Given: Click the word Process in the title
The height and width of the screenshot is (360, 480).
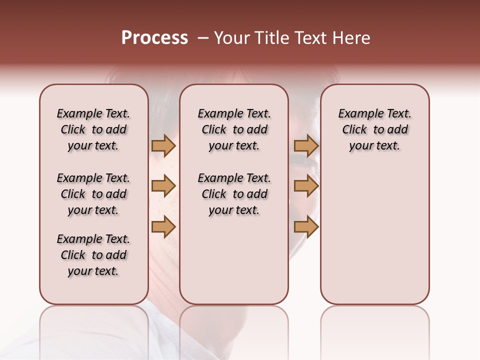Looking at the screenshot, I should click(154, 38).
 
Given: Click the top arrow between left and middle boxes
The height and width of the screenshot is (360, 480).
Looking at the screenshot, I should click(163, 146).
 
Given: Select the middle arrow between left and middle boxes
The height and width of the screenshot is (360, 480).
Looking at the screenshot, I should click(163, 186).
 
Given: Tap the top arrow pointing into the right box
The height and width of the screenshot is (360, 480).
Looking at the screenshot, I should click(306, 146).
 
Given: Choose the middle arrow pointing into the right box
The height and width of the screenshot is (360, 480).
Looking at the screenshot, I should click(306, 186).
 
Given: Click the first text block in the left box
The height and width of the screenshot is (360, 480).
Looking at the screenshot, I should click(93, 129).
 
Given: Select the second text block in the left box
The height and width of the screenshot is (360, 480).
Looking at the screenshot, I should click(93, 194).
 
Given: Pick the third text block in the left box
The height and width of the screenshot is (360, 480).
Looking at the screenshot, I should click(93, 255).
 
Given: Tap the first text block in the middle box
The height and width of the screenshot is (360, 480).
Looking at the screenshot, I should click(234, 129).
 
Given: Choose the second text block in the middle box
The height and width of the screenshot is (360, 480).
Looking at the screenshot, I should click(234, 194).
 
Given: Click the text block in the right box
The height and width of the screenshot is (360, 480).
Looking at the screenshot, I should click(375, 129).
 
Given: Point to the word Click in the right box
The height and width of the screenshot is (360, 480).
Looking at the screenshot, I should click(354, 129).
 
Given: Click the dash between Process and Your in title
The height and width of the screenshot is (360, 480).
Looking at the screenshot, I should click(203, 38).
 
